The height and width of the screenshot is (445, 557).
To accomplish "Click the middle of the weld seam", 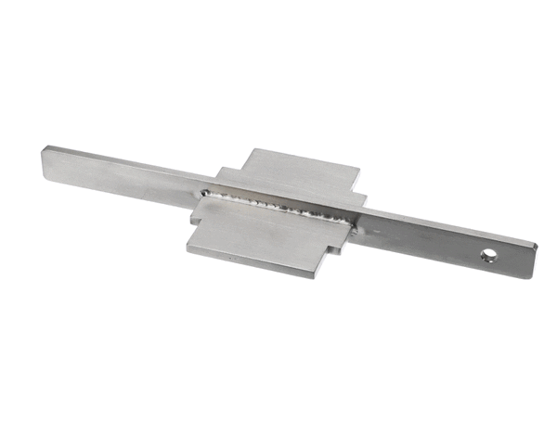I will point(278,206).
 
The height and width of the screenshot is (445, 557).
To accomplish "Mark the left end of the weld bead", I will point(204,192).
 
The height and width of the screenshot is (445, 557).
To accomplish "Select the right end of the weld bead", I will point(353,221).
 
